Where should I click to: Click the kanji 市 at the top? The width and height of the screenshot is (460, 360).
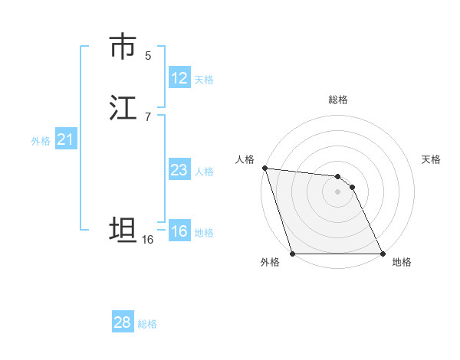123,47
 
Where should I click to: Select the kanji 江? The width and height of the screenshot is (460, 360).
123,108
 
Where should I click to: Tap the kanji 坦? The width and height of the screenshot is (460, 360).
123,231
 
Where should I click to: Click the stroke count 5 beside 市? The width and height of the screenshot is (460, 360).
148,56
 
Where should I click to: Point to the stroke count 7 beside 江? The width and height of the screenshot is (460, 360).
148,117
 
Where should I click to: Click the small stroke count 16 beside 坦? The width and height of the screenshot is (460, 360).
147,240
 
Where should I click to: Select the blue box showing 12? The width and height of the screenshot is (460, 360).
179,78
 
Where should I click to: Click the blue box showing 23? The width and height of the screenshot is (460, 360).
179,170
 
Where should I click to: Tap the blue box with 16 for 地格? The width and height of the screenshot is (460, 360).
179,231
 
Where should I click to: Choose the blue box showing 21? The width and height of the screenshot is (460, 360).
65,139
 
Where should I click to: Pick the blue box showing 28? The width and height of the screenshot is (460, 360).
123,322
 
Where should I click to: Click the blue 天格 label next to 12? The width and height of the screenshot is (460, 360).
203,79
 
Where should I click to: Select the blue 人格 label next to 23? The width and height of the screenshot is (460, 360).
203,171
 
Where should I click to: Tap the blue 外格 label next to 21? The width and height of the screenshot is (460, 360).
41,140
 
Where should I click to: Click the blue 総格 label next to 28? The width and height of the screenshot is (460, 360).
147,323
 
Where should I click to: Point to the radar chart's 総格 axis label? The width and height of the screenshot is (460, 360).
338,100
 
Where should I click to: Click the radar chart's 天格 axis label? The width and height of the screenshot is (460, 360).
432,159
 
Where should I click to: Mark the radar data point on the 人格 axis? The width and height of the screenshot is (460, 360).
264,169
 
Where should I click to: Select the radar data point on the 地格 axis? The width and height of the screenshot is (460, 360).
383,254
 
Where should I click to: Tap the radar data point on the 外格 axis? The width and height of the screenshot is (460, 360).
293,254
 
